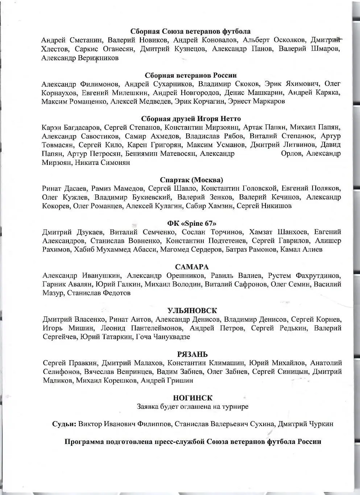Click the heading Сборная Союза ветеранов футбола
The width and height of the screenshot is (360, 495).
tap(190, 32)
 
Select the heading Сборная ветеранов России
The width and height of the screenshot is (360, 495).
tap(191, 75)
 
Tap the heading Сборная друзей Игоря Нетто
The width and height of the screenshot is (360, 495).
tap(190, 119)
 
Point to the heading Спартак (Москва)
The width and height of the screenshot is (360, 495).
tap(191, 180)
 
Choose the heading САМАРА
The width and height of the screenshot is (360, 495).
tap(192, 267)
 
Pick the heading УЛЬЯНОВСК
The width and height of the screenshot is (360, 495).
tap(192, 311)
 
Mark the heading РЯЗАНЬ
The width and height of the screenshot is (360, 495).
tap(193, 354)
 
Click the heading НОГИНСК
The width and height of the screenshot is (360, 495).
tap(193, 398)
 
